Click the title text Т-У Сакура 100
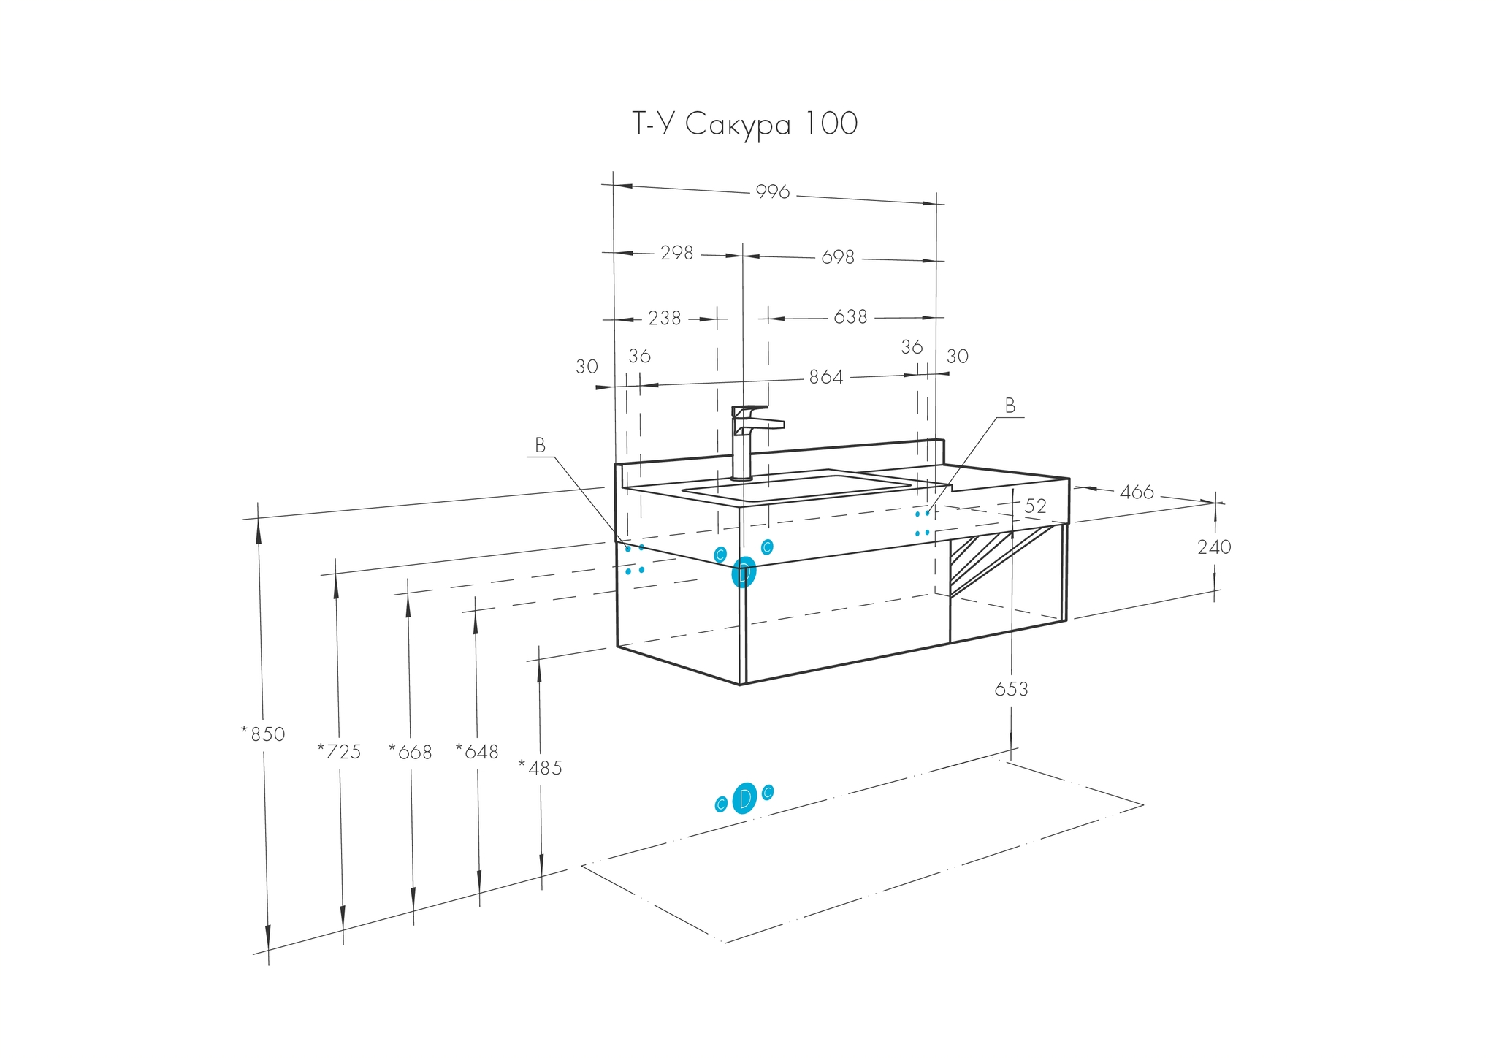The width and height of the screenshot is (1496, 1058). click(x=744, y=125)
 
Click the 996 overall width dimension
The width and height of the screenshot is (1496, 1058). click(x=772, y=191)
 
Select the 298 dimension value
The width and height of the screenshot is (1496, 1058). click(x=676, y=253)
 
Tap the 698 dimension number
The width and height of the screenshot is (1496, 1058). click(x=837, y=257)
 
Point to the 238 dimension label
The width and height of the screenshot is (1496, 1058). click(x=664, y=318)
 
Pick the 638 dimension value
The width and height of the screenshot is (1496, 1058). click(x=850, y=317)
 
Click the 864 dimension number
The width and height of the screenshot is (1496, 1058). click(x=825, y=377)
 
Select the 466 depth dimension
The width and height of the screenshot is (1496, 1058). click(x=1136, y=492)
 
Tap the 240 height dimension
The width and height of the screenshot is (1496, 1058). click(x=1214, y=547)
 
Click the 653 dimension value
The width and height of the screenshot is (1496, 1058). click(x=1011, y=689)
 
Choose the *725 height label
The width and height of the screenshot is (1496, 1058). click(x=340, y=751)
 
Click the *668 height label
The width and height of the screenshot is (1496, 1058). click(x=411, y=752)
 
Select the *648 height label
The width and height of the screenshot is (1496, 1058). click(x=477, y=752)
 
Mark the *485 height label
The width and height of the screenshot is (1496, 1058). click(x=541, y=768)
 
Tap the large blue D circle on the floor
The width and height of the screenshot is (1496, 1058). click(x=744, y=798)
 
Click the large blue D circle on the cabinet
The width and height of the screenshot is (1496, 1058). click(x=744, y=572)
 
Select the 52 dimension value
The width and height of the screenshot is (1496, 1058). click(x=1035, y=506)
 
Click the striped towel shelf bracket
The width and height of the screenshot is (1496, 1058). click(x=982, y=559)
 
